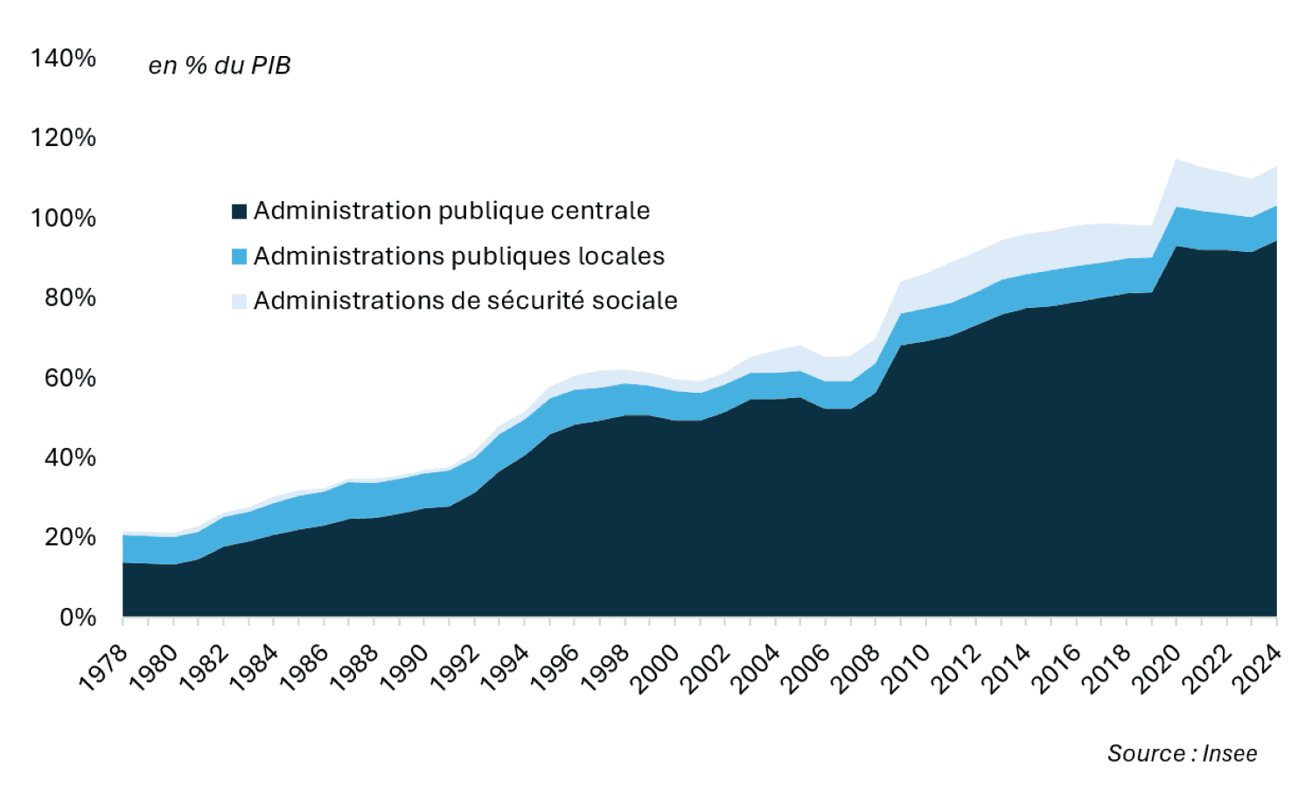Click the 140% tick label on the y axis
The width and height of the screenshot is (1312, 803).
63,59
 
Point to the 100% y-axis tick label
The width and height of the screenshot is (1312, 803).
63,218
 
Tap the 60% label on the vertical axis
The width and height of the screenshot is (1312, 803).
70,378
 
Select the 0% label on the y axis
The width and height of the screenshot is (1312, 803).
78,618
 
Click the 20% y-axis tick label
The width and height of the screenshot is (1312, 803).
70,537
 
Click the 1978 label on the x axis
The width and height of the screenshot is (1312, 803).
104,669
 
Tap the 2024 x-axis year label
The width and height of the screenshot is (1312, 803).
1258,669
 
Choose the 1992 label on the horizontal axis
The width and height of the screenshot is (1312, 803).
455,669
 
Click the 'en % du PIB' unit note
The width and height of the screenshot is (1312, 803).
220,66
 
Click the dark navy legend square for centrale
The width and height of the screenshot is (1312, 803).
239,212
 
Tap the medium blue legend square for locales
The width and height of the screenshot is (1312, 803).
239,256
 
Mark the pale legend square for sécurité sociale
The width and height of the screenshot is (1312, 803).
239,301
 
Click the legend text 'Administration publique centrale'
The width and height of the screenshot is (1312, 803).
451,211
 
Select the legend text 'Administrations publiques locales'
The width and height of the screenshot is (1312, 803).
459,256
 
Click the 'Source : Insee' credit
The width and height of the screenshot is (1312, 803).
1182,753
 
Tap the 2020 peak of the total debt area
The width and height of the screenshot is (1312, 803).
1176,161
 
